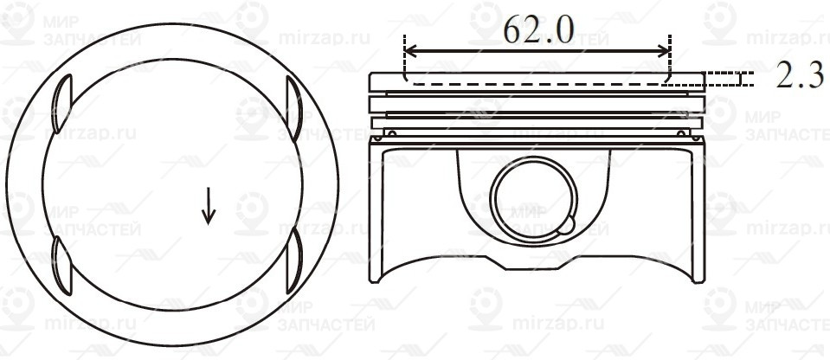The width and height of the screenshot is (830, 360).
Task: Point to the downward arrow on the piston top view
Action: coord(208,206)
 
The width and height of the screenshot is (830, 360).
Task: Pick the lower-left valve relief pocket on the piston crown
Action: coord(61,262)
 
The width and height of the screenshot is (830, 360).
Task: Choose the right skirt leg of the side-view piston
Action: coord(696,216)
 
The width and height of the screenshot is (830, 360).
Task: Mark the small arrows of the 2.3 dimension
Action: coord(742,79)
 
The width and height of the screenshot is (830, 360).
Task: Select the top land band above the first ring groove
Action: coord(537,79)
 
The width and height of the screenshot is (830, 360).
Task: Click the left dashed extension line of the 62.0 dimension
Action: coord(404,61)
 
